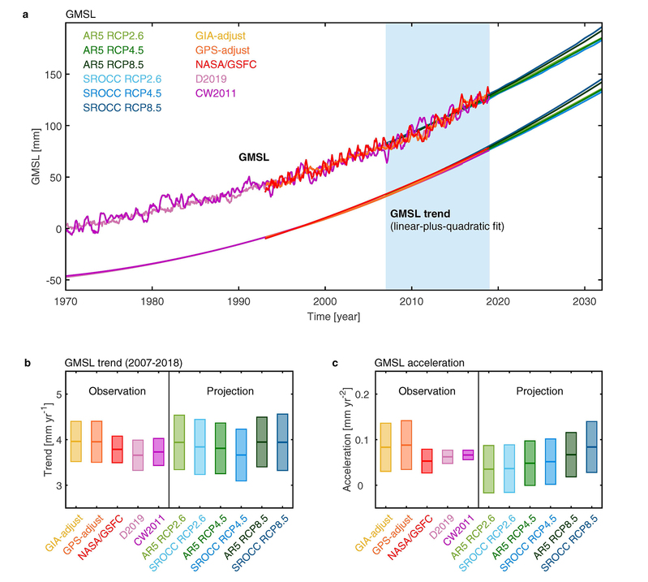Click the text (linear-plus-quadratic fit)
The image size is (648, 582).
448,226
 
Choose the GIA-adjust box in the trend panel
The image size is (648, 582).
76,442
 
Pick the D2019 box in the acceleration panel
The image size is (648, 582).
448,457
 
